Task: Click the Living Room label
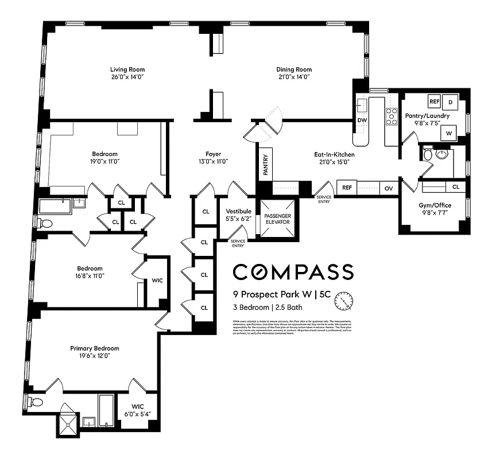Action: click(127, 69)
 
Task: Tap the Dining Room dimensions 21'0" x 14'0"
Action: click(293, 77)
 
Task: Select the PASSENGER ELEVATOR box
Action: click(278, 219)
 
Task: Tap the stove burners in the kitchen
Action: click(392, 116)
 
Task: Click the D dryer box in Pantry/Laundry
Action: click(451, 102)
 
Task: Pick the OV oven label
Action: click(388, 188)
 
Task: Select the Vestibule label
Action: click(238, 211)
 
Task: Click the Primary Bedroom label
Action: click(95, 348)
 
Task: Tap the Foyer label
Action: click(212, 154)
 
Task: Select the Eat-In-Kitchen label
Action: click(334, 154)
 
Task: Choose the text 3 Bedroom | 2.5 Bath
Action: click(268, 307)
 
